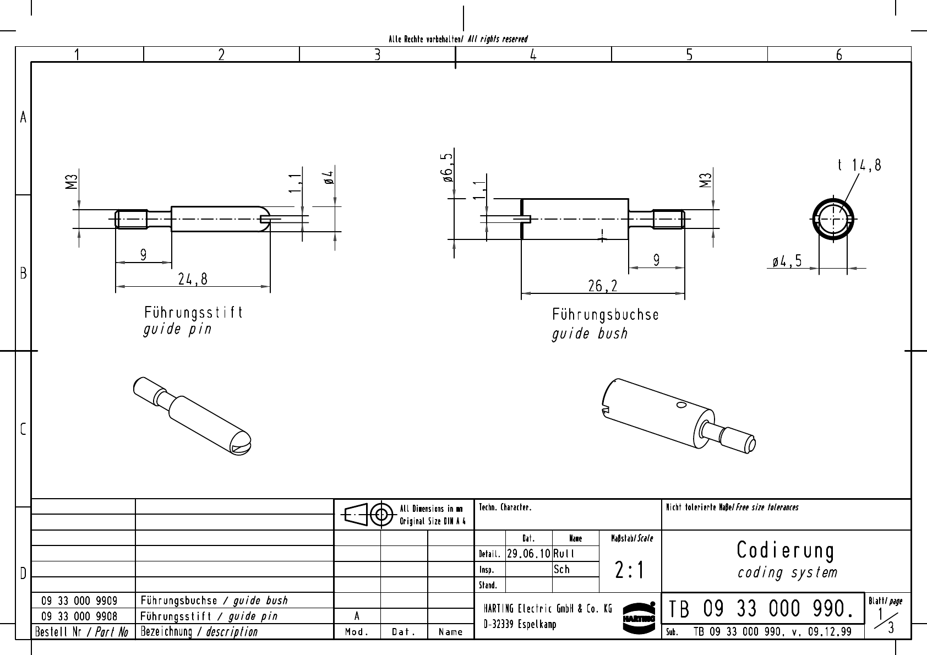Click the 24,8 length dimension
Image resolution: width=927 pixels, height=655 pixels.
(193, 280)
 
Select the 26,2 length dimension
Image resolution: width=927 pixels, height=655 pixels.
(603, 286)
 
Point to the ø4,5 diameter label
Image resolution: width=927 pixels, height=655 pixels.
(787, 262)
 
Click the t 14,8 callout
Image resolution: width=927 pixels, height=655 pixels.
(859, 165)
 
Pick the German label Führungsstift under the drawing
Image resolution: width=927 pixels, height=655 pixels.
(193, 313)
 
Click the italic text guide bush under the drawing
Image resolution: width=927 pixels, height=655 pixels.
(590, 334)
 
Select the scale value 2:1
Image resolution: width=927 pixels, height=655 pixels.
(630, 571)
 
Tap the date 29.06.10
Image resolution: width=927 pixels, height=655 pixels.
(528, 554)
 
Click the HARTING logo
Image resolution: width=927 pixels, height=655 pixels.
(639, 617)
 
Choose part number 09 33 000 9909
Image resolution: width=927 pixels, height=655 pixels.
(79, 601)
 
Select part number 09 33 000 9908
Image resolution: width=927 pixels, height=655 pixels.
(79, 616)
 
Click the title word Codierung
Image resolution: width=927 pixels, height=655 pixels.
(786, 550)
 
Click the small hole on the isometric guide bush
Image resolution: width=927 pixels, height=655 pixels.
(681, 406)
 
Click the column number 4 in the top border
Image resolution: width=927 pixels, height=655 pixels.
(533, 54)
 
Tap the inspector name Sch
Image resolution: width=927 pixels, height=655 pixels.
(561, 570)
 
